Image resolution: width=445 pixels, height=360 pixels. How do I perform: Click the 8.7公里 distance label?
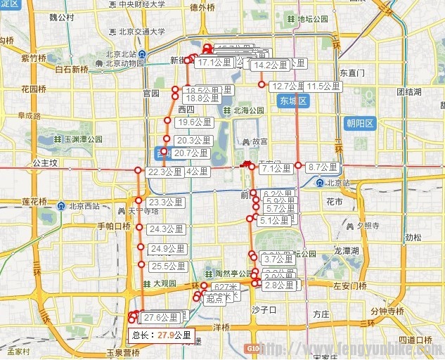pos(323,167)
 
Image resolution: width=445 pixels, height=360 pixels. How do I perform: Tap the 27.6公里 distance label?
pos(158,319)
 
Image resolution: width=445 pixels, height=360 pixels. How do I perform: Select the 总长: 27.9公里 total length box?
pos(162,335)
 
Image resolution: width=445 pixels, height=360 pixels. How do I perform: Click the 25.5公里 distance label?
pos(168,266)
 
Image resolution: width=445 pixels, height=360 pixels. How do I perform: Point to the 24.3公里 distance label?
pos(167,229)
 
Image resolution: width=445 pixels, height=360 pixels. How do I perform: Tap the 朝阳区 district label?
pos(361,124)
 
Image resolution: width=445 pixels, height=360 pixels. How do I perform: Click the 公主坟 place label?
pos(44,162)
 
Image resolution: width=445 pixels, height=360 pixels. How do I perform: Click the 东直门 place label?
pos(352,72)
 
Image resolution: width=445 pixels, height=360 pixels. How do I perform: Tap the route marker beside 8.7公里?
pos(299,166)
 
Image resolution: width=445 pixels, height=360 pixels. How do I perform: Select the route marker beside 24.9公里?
pos(141,248)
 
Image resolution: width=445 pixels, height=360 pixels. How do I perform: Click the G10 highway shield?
pos(254,349)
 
